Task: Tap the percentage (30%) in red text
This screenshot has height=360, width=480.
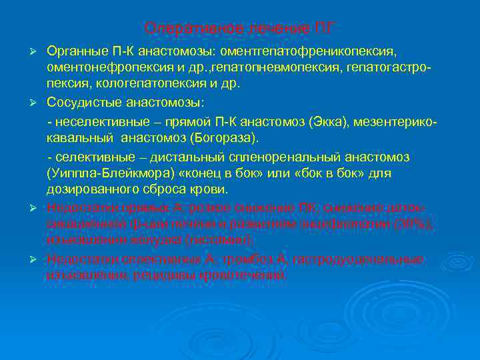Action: [x=414, y=224]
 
